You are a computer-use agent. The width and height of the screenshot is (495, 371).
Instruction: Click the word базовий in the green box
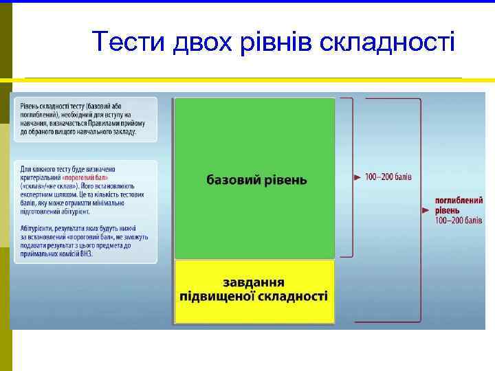pos(233,180)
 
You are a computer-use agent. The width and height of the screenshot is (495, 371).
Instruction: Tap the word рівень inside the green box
pos(285,180)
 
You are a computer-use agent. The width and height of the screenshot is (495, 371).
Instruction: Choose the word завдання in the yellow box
pos(254,284)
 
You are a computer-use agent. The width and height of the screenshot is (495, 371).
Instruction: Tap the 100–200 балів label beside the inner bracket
pos(388,177)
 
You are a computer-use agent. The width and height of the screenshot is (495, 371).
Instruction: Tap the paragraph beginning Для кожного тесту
pos(84,190)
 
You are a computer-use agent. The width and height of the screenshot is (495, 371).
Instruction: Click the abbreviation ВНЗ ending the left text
pos(85,254)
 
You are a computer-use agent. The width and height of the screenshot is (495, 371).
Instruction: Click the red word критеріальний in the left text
pos(41,177)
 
